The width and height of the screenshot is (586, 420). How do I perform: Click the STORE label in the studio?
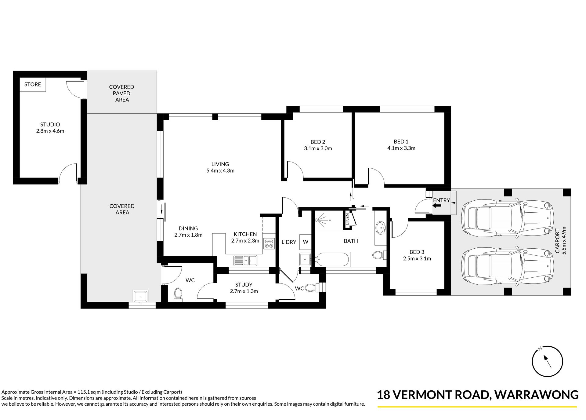click(x=33, y=85)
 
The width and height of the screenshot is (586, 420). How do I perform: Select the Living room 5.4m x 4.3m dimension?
click(x=220, y=171)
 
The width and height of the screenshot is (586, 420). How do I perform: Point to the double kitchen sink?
click(x=245, y=260)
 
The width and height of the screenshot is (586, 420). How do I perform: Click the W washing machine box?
click(x=306, y=242)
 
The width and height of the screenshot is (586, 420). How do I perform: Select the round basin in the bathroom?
click(x=380, y=228)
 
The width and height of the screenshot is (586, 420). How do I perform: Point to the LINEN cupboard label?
click(x=347, y=219)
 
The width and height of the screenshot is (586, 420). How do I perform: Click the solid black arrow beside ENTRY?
click(x=437, y=206)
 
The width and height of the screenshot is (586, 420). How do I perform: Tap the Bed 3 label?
click(x=417, y=252)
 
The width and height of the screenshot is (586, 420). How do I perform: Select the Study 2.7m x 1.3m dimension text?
click(x=244, y=291)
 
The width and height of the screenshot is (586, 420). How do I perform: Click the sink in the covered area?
click(x=140, y=296)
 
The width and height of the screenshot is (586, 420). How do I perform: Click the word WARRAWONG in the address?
click(x=537, y=395)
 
